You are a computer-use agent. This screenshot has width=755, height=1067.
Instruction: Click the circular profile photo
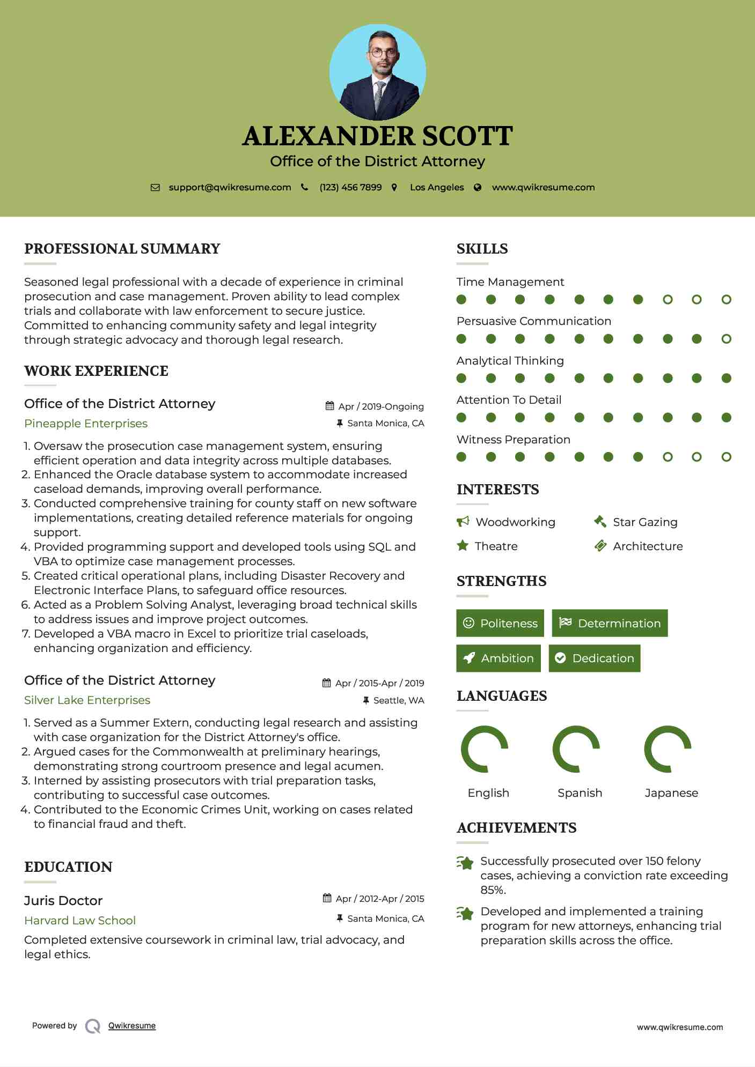(377, 72)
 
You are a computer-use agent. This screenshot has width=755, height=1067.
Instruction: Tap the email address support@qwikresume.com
(230, 187)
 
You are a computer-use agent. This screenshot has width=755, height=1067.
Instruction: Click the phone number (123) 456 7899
(350, 187)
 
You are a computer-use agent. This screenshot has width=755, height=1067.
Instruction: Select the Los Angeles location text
(437, 187)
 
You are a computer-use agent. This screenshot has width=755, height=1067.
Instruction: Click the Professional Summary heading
(122, 249)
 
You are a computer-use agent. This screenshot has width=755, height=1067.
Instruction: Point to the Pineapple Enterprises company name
(86, 424)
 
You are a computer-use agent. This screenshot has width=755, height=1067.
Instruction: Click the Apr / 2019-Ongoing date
(381, 406)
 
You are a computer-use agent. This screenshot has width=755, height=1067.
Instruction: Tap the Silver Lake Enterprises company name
(87, 700)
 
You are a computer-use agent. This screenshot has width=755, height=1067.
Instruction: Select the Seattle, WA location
(399, 700)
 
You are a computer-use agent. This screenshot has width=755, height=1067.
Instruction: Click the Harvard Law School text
(80, 921)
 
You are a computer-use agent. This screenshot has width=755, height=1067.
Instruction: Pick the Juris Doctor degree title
(63, 901)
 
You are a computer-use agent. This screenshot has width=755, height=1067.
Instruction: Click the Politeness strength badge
(500, 623)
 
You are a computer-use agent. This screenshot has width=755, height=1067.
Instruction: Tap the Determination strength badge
(610, 623)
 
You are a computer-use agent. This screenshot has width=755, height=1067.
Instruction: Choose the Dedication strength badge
(595, 658)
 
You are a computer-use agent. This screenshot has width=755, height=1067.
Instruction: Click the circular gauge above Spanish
(576, 749)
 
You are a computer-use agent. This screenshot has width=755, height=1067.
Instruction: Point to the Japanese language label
(671, 793)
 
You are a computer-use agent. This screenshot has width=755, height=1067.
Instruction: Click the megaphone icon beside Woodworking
(463, 522)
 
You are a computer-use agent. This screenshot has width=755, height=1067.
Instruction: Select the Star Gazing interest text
(645, 522)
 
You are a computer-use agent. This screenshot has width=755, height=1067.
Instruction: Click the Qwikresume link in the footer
(132, 1026)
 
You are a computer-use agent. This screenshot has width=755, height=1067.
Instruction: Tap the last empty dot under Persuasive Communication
(727, 339)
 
